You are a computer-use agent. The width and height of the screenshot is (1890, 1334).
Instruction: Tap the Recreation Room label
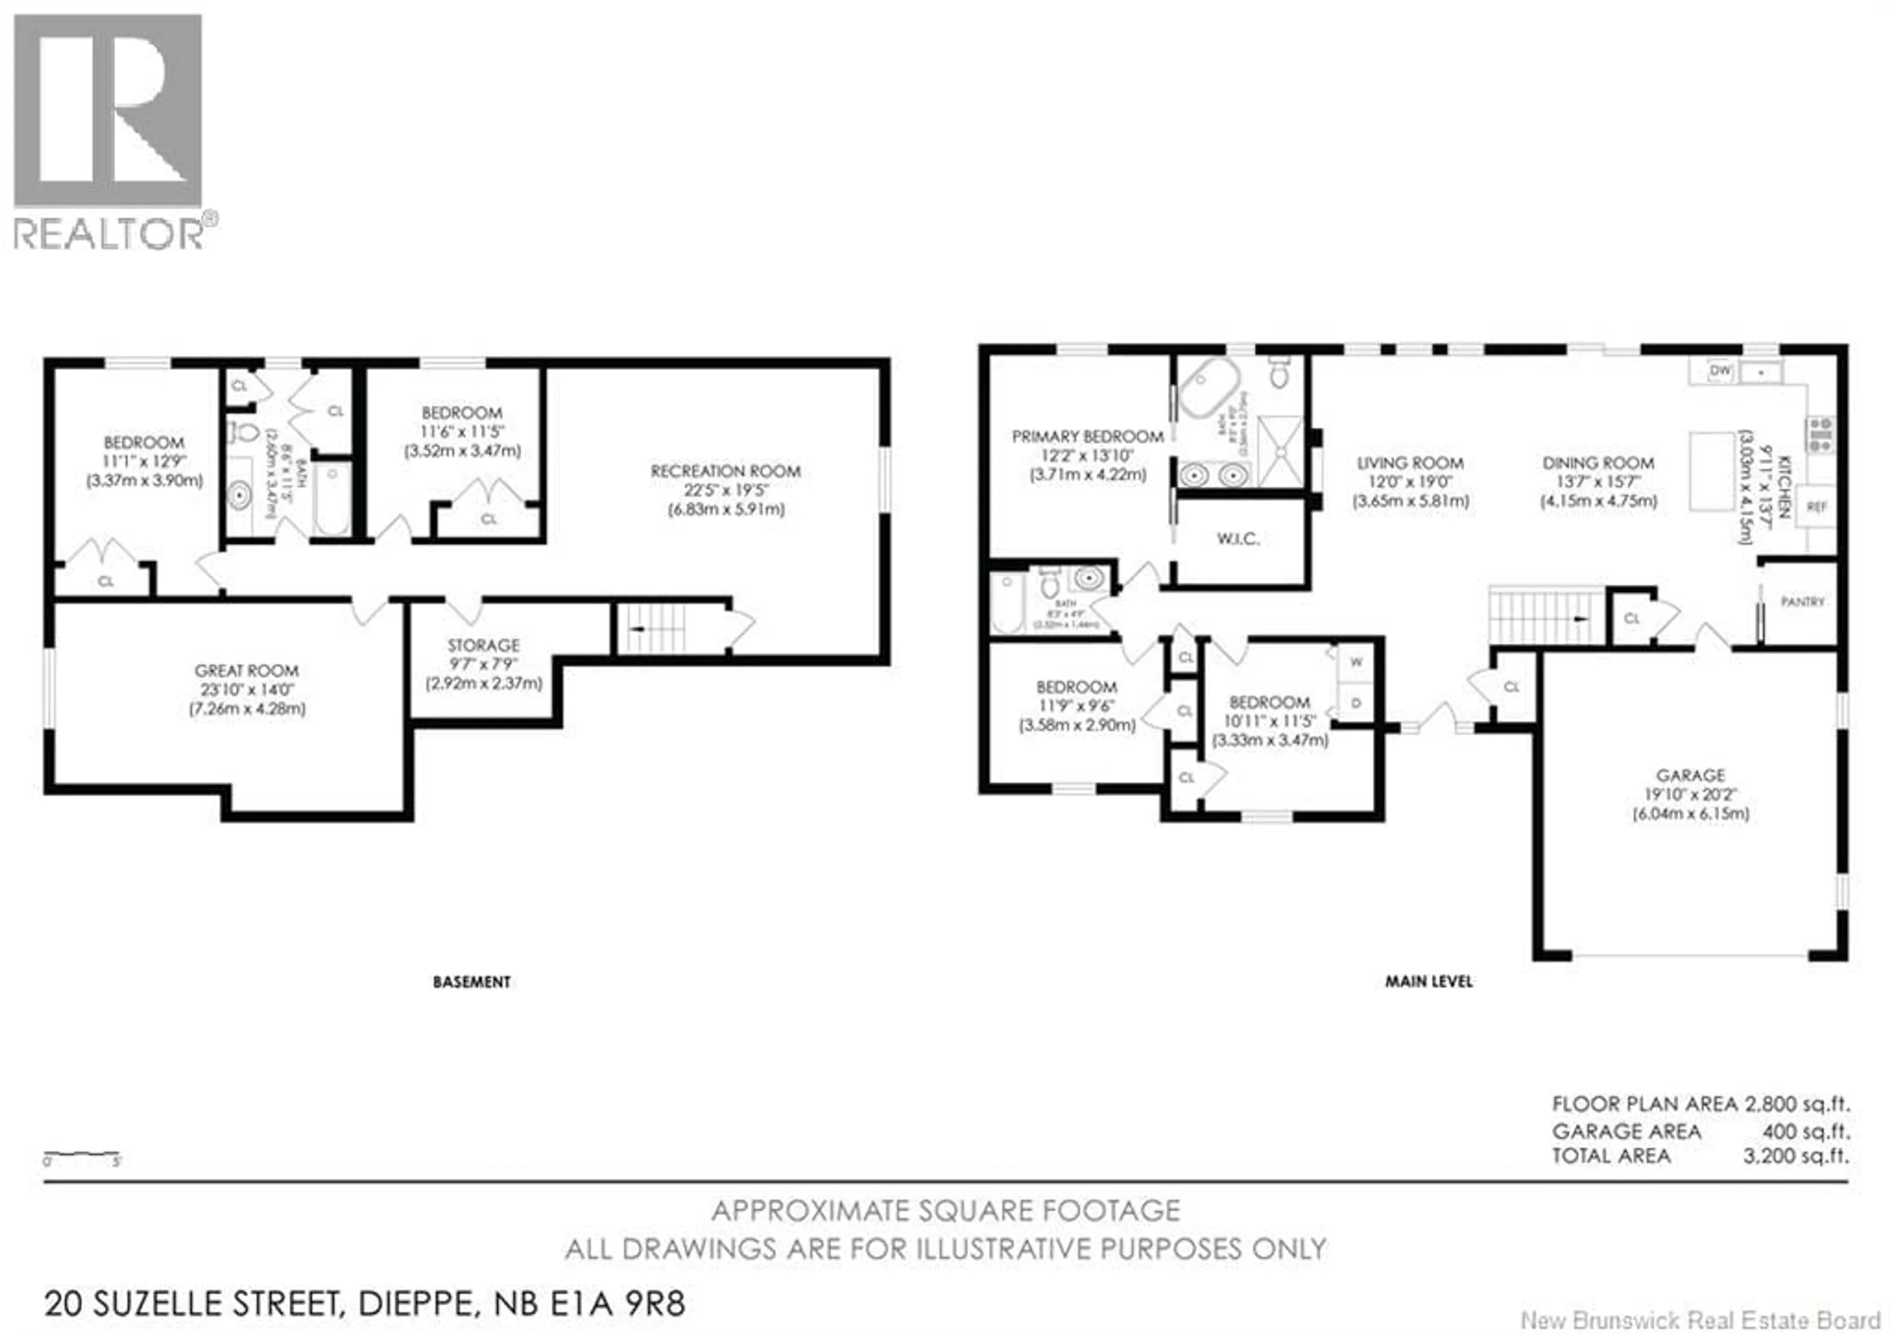click(x=725, y=471)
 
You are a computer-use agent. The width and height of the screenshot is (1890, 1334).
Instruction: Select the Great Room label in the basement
click(x=246, y=671)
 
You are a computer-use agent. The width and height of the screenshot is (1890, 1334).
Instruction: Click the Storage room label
click(x=483, y=645)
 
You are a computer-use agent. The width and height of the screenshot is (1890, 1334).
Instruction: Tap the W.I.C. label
click(x=1237, y=539)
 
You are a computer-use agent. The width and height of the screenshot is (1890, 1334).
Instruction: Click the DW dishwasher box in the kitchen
click(x=1720, y=371)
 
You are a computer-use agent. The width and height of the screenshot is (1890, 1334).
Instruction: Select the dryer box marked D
click(x=1356, y=703)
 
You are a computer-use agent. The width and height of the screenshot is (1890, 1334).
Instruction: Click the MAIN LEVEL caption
click(x=1428, y=982)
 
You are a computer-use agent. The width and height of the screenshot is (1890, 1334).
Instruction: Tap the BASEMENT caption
click(x=472, y=982)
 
